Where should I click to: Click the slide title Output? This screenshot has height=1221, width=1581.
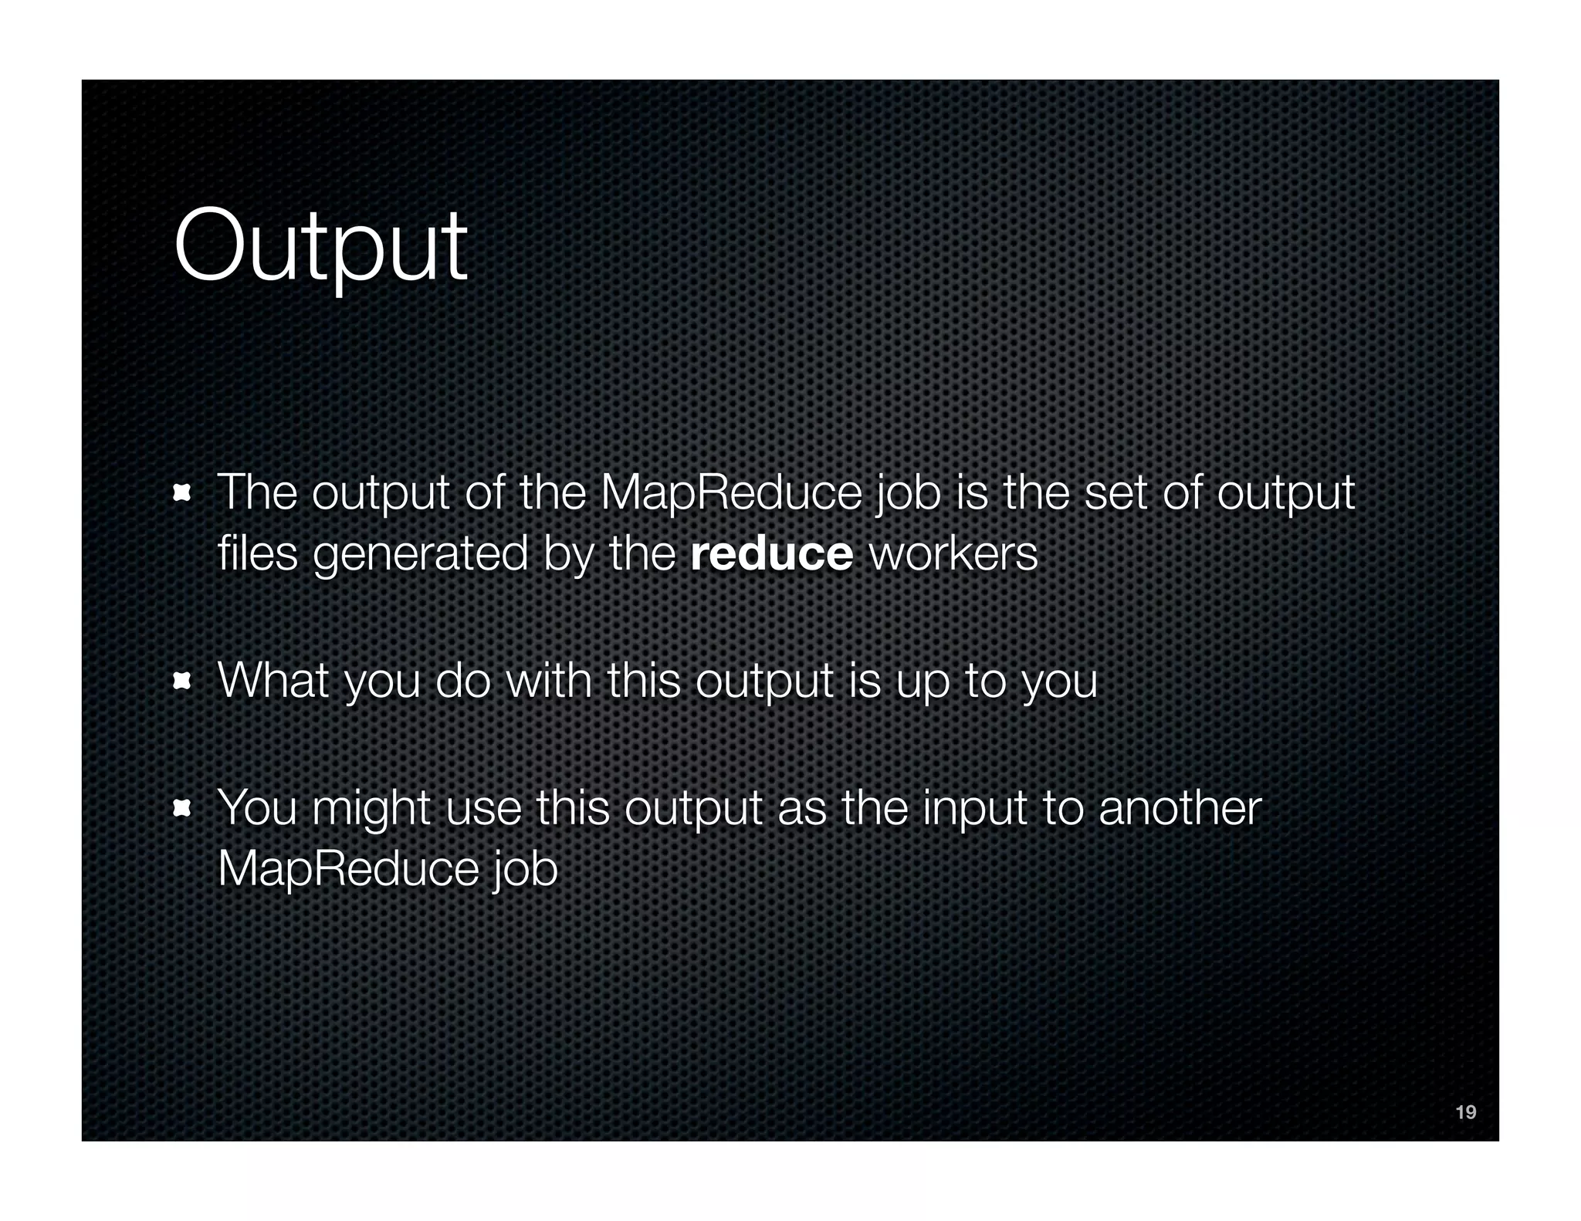320,247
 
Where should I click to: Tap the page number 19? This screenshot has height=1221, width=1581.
1465,1112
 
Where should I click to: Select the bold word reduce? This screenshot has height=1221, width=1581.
771,554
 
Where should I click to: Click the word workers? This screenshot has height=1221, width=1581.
953,554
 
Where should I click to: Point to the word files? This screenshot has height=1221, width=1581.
257,554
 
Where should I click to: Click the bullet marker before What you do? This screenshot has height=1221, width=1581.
182,681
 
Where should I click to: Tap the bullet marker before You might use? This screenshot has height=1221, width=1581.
182,808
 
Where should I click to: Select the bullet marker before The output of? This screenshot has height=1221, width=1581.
182,492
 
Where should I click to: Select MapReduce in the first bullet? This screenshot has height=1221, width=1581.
730,493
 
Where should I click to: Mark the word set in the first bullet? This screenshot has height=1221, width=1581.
1116,493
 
